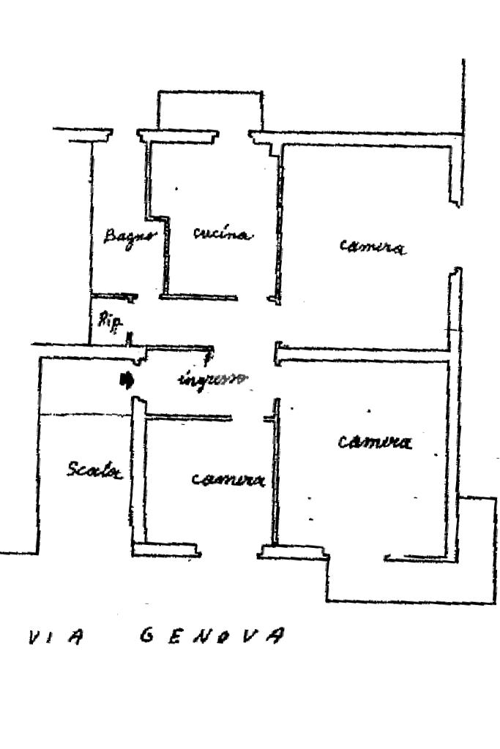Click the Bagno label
[130, 236]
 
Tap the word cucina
[223, 234]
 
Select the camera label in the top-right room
[373, 246]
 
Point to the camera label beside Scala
[228, 479]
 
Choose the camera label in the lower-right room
[375, 442]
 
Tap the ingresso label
[213, 380]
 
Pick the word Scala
[94, 469]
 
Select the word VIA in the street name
[56, 638]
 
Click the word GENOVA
[210, 635]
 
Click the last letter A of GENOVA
[273, 635]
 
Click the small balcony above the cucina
[209, 110]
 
